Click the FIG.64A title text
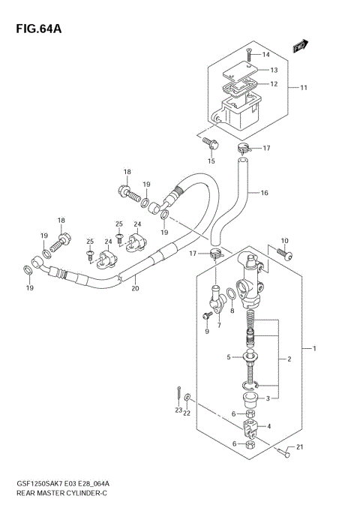click(x=36, y=29)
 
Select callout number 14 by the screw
click(x=264, y=55)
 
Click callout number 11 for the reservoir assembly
click(x=304, y=88)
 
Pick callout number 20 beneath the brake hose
click(x=135, y=287)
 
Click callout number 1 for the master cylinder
click(x=316, y=349)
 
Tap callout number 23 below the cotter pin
click(x=178, y=410)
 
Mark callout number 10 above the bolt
click(x=283, y=241)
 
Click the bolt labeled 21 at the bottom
click(x=282, y=452)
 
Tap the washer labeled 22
click(x=187, y=397)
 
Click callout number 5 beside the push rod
click(x=229, y=357)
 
